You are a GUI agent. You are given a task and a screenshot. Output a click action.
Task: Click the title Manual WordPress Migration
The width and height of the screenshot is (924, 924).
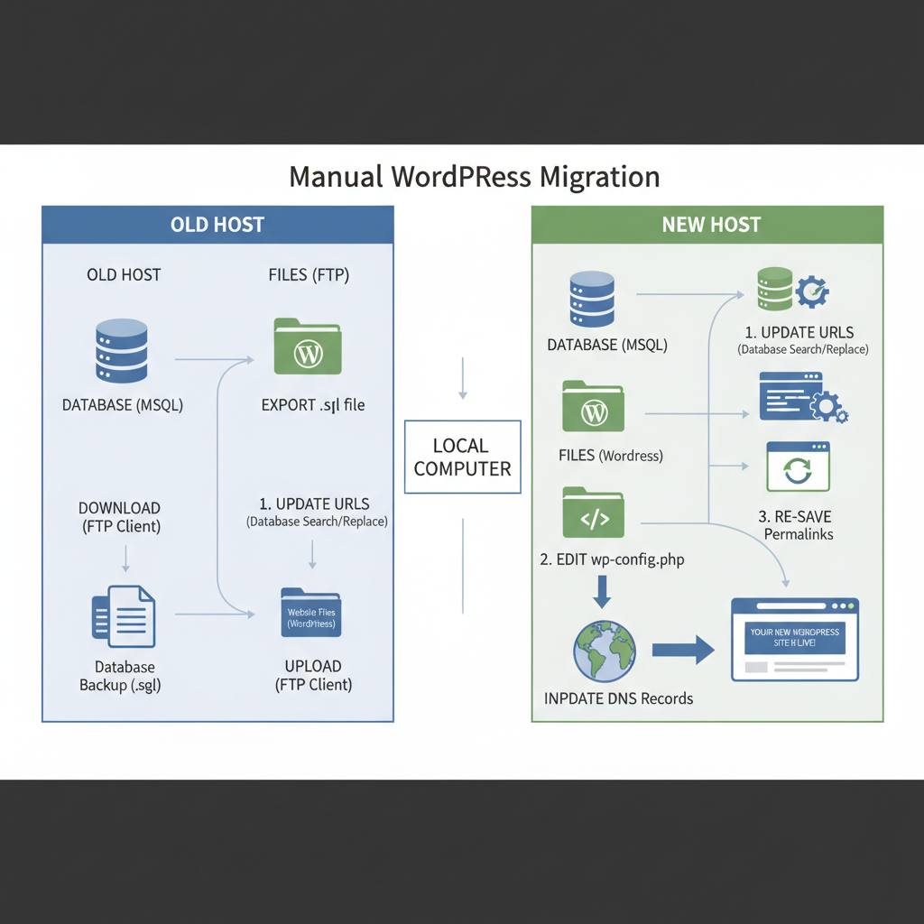tap(474, 176)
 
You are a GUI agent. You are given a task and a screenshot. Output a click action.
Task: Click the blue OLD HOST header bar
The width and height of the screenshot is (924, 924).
tap(217, 225)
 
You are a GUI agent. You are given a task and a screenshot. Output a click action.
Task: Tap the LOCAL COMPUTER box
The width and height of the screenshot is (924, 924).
tap(462, 457)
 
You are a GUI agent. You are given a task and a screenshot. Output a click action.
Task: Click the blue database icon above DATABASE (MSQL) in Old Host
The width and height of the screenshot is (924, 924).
tap(122, 351)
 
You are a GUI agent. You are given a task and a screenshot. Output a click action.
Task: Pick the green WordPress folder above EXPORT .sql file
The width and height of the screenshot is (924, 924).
tap(308, 346)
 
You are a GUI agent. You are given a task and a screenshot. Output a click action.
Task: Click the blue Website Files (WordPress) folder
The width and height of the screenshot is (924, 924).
tap(310, 614)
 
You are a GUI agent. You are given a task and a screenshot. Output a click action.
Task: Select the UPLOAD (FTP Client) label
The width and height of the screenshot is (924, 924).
tap(313, 675)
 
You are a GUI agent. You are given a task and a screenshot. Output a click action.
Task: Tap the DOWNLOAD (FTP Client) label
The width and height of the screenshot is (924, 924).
tap(119, 516)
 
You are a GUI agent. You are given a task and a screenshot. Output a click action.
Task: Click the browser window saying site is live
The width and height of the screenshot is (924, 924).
tap(794, 639)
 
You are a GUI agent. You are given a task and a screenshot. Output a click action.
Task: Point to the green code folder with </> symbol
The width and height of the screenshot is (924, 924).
tap(593, 513)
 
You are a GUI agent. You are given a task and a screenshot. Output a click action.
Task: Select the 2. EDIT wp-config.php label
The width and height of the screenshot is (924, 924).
tap(612, 559)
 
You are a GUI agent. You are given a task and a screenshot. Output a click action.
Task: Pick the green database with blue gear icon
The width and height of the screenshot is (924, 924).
tap(792, 290)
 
